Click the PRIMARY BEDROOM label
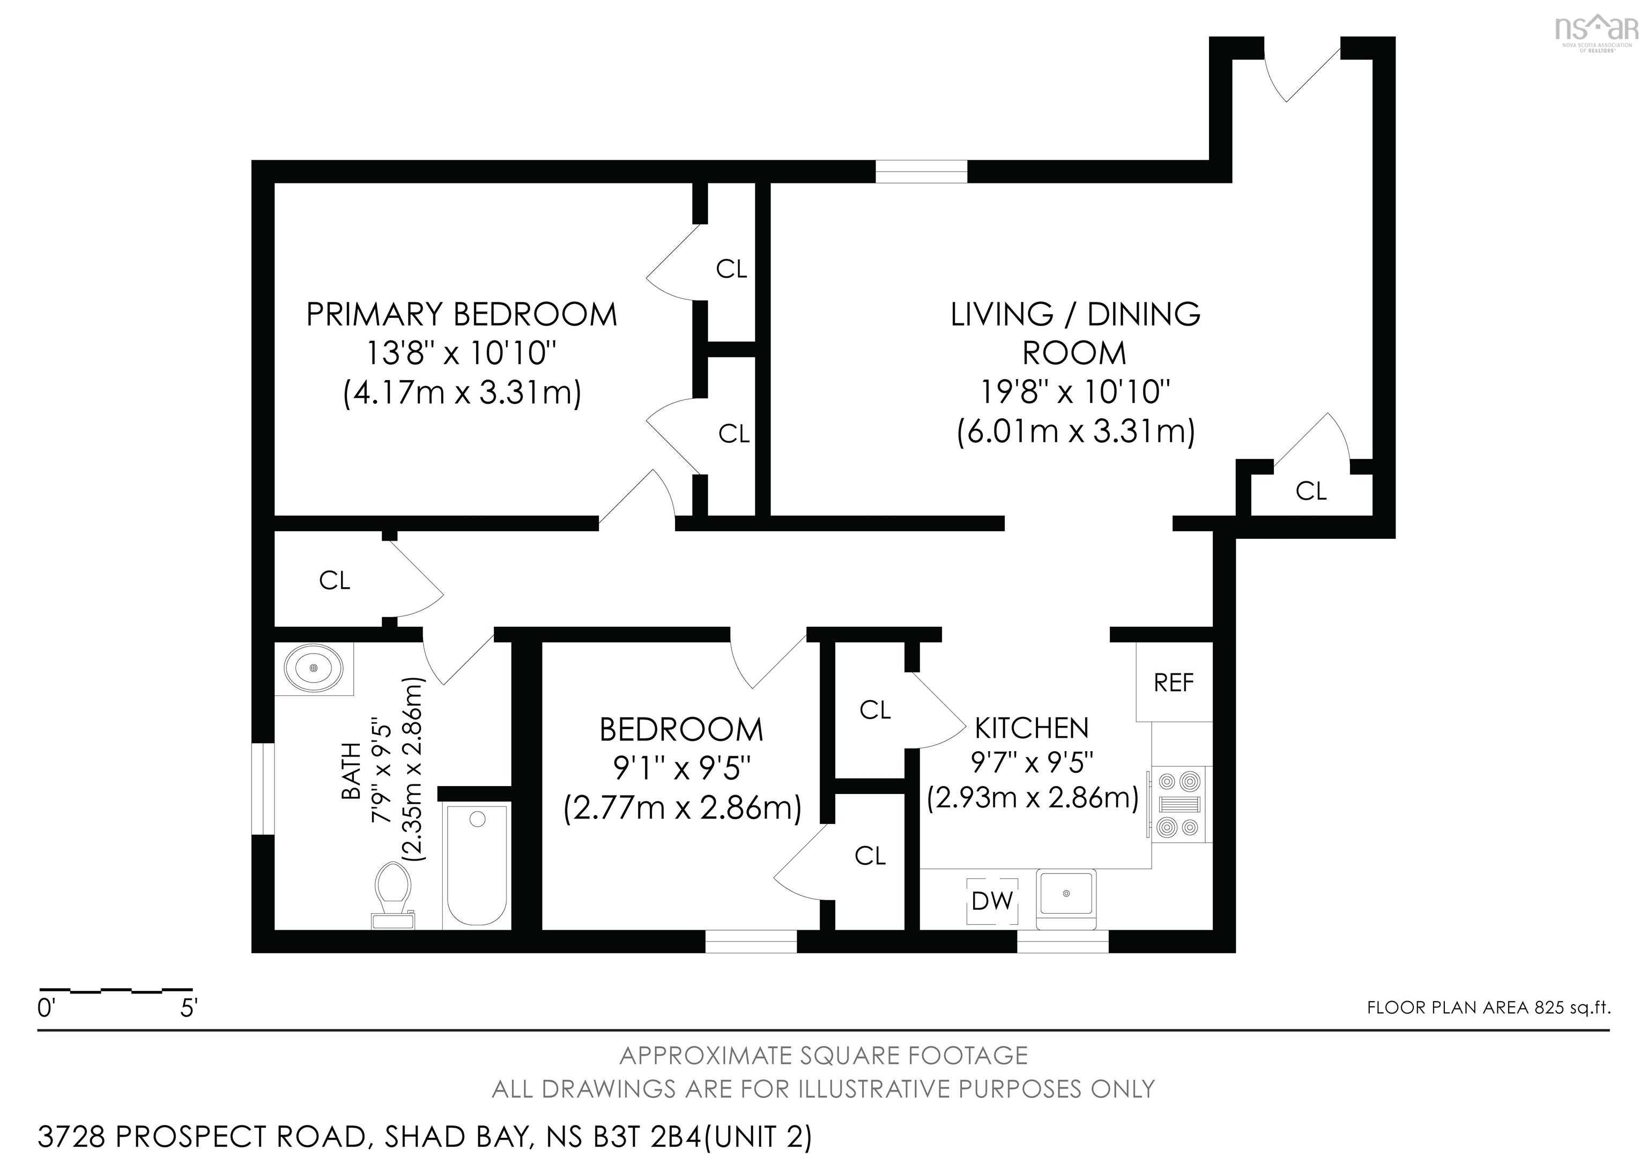click(x=461, y=315)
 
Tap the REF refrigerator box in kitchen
click(x=1174, y=682)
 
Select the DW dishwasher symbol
click(x=992, y=901)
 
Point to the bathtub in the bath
click(x=476, y=864)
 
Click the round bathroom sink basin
click(x=314, y=668)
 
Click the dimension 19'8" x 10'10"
click(x=1074, y=392)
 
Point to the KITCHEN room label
click(x=1032, y=729)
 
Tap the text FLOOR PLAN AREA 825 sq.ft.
click(x=1488, y=1007)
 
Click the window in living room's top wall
click(x=921, y=172)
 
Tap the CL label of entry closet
click(x=1310, y=491)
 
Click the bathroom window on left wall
click(x=263, y=789)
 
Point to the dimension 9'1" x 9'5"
click(x=681, y=769)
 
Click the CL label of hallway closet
click(x=334, y=580)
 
